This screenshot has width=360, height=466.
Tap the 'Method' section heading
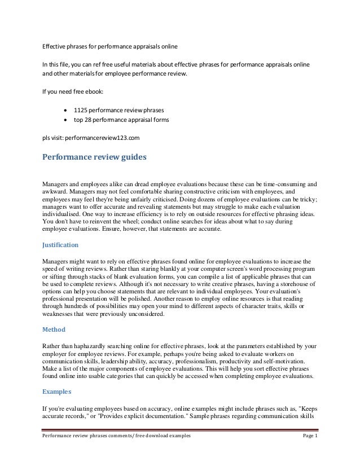tap(55, 329)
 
